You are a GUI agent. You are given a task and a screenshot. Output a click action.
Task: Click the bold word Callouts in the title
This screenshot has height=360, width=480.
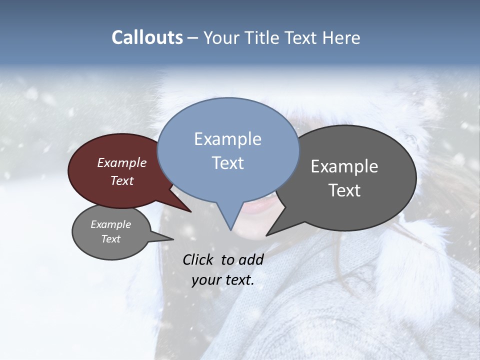(x=147, y=37)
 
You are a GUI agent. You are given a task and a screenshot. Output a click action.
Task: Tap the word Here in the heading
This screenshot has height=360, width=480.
(x=339, y=37)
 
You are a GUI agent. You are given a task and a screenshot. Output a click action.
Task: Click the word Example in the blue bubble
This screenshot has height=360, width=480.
(x=227, y=139)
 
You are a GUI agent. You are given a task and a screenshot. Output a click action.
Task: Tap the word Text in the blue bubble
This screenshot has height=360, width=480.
(x=227, y=163)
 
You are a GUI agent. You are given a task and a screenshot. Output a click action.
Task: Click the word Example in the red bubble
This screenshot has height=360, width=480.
(x=122, y=162)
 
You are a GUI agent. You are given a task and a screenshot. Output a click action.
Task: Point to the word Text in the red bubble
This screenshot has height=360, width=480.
(x=122, y=180)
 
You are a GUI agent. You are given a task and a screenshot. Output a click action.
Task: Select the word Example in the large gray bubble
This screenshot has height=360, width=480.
(x=344, y=166)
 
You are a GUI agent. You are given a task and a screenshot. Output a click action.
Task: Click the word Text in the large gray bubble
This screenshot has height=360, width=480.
(x=344, y=190)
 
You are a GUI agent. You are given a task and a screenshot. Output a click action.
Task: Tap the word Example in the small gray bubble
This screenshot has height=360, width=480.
(x=110, y=224)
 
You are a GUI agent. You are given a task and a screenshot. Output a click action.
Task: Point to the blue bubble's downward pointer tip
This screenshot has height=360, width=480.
(x=230, y=229)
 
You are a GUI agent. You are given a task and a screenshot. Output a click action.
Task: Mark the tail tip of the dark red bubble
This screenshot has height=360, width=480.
(x=190, y=211)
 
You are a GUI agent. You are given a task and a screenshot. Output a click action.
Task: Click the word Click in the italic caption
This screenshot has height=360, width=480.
(x=199, y=259)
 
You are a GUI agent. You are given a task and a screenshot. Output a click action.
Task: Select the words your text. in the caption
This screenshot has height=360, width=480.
(x=223, y=280)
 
